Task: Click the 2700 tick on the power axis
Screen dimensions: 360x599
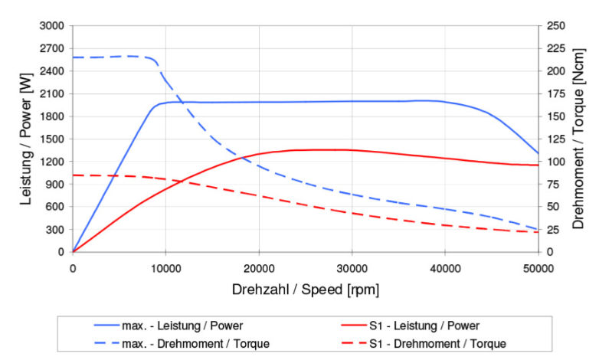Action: coord(53,48)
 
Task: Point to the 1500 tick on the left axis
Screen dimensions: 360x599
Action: coord(53,139)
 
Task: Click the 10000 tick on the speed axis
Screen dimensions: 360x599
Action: coord(165,267)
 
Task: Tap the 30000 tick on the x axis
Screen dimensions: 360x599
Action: coord(352,267)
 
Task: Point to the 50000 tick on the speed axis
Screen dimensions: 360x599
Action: coord(538,267)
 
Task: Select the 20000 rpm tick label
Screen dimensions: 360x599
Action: coord(259,267)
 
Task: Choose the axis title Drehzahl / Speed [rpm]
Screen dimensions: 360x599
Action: coord(306,290)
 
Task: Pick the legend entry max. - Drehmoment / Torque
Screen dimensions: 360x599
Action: coord(195,344)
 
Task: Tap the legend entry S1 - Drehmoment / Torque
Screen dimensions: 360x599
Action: coord(433,344)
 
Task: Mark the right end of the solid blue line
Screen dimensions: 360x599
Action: coord(538,153)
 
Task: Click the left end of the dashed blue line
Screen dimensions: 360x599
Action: coord(73,57)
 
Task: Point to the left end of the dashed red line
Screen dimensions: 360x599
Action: coord(73,175)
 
